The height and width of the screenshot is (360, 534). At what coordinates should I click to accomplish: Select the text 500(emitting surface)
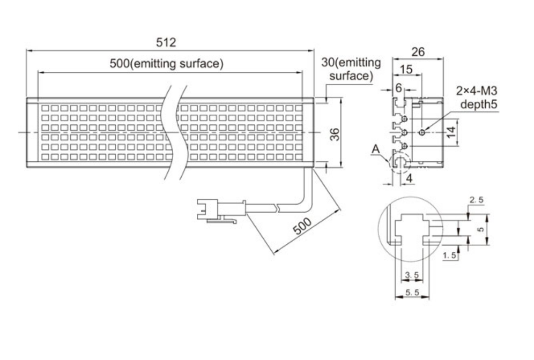pos(166,64)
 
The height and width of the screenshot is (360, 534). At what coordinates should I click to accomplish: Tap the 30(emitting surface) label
pos(351,69)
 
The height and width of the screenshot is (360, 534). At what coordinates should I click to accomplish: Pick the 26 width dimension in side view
pos(418,51)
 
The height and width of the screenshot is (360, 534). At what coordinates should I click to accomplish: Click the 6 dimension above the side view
pos(398,87)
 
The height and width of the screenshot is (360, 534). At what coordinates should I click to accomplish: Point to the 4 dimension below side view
pos(410,177)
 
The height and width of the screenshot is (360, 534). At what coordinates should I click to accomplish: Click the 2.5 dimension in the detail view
pos(477,200)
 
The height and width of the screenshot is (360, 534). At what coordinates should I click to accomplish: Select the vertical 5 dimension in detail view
pos(480,228)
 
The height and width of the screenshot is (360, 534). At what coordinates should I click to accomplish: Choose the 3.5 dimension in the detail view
pos(412,275)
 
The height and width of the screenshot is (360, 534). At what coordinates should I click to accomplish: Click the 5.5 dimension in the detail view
pos(412,292)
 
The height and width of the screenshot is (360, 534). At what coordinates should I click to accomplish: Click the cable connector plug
pos(220,209)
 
